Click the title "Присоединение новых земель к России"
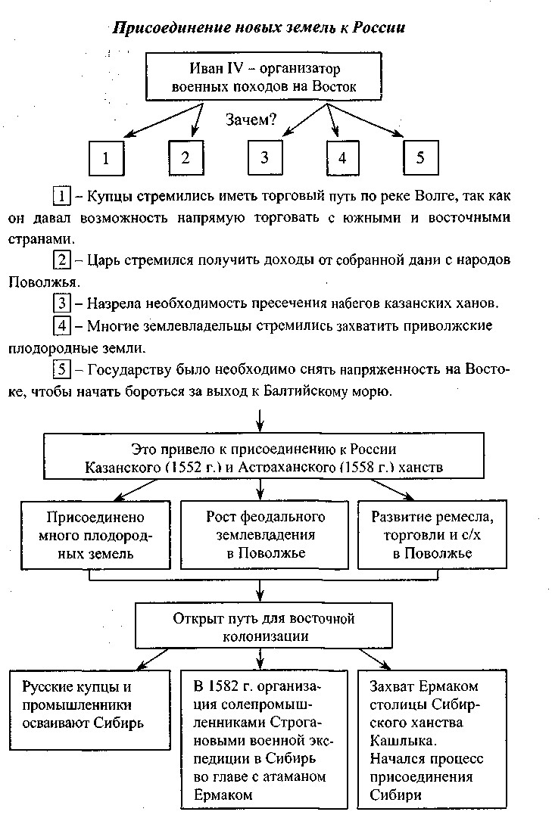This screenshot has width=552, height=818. point(259,28)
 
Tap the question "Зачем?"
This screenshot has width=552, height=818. point(251,119)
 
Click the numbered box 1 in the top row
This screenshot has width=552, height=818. point(107,158)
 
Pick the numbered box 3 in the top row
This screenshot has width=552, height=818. point(264,157)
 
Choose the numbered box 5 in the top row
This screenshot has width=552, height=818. point(421,157)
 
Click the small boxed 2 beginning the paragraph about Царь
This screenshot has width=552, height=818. point(62,260)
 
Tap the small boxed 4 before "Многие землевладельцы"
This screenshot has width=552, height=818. point(62,326)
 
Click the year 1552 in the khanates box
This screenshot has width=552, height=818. point(186,468)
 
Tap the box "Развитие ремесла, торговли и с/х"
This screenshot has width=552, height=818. point(432,535)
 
